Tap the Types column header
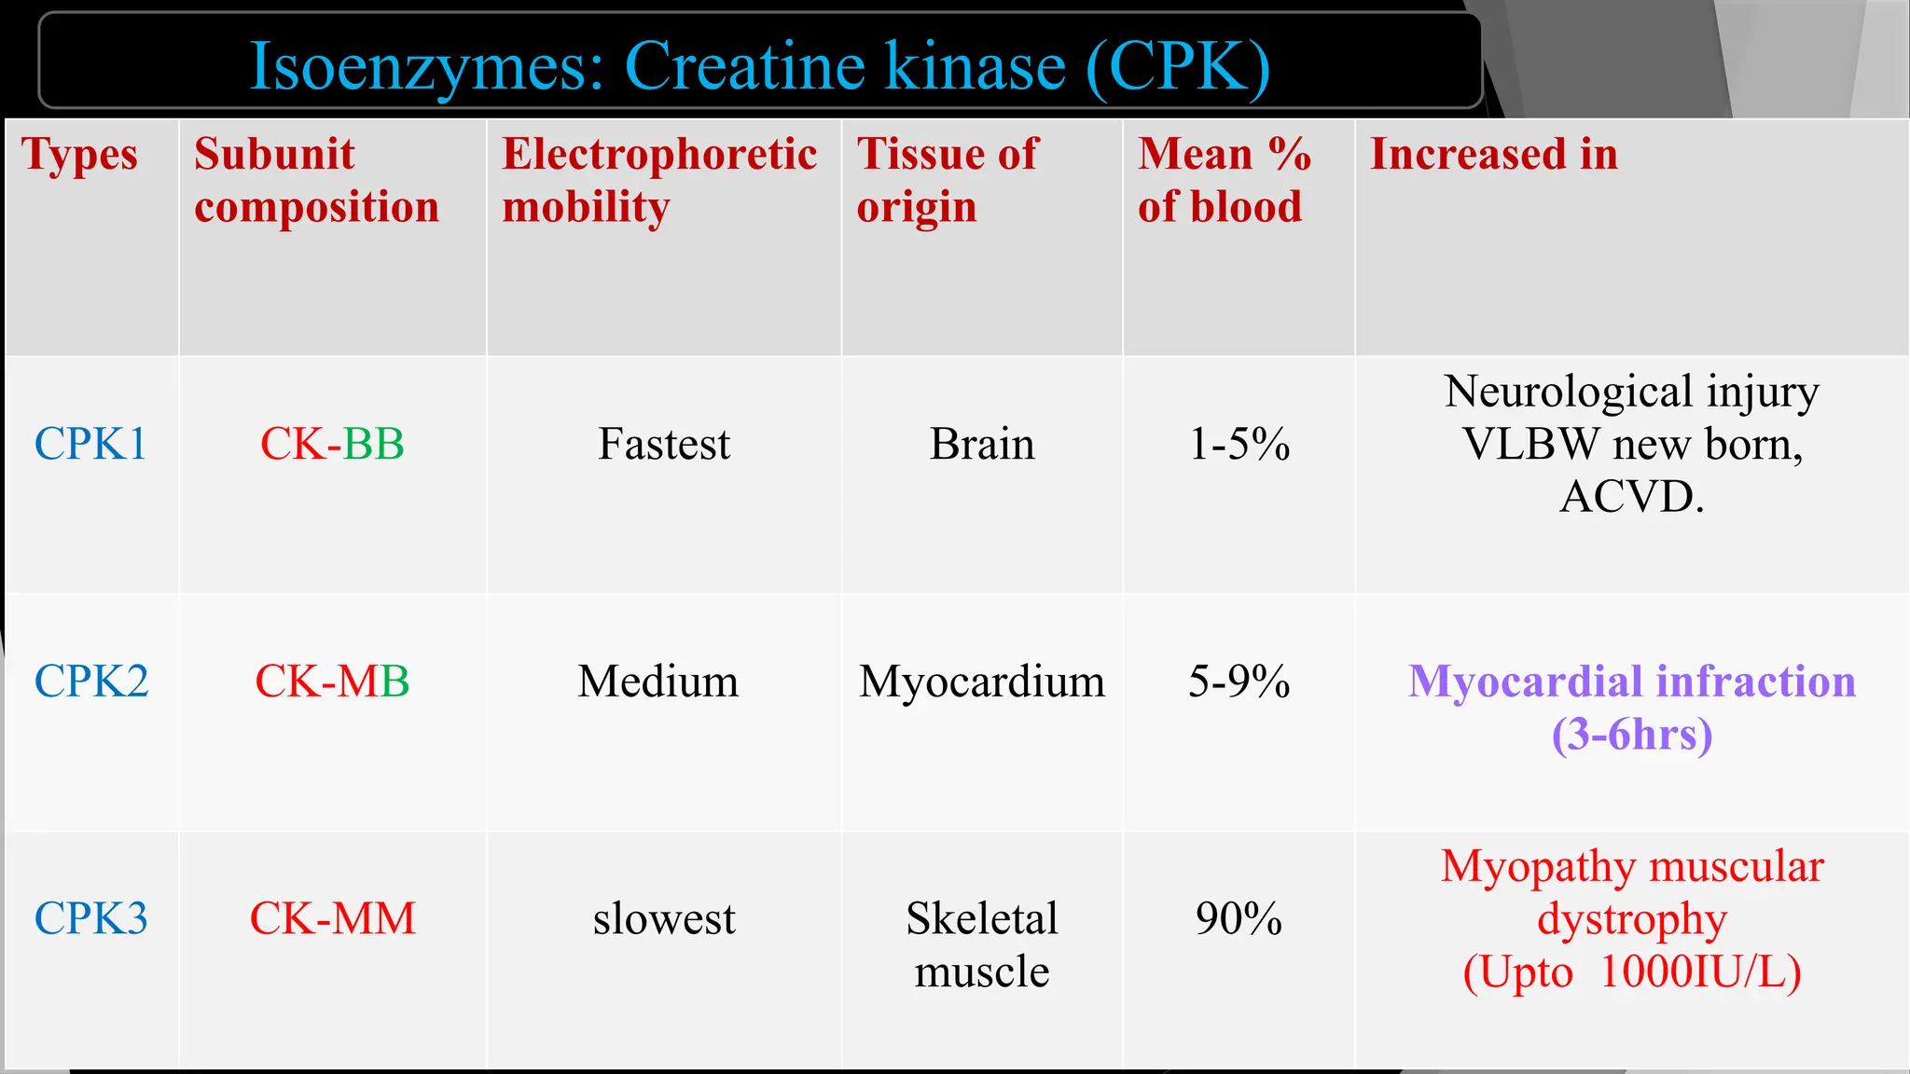tap(80, 155)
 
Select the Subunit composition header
tap(316, 180)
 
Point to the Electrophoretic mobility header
tap(659, 180)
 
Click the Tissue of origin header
tap(947, 180)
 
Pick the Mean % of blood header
tap(1224, 180)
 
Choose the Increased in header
tap(1493, 155)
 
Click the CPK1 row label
tap(90, 444)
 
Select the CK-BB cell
tap(332, 444)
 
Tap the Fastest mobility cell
tap(664, 444)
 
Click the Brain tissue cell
tap(982, 444)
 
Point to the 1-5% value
tap(1239, 444)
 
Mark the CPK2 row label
tap(91, 682)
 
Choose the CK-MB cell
tap(332, 682)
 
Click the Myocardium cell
tap(982, 682)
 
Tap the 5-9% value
tap(1239, 682)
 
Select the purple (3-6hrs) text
tap(1632, 735)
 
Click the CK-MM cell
tap(332, 918)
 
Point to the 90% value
tap(1239, 918)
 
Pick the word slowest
tap(664, 918)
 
